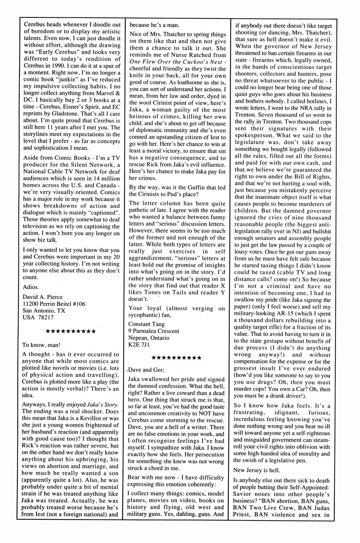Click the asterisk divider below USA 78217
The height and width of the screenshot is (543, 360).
pos(71,331)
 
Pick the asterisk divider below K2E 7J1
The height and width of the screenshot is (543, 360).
pos(177,358)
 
